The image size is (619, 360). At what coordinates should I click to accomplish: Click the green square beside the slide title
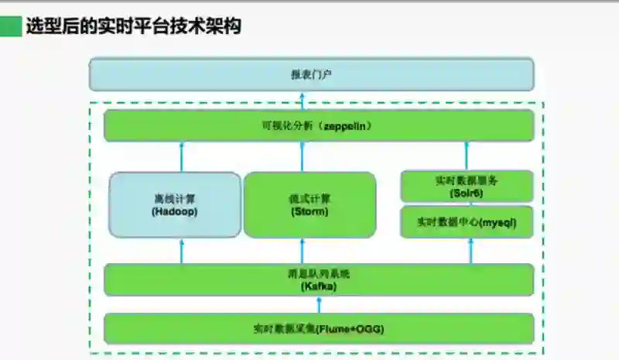pos(11,26)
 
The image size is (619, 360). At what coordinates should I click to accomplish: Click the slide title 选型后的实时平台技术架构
pos(134,26)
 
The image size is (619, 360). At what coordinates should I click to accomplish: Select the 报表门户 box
pos(311,74)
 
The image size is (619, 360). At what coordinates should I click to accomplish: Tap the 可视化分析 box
pos(319,125)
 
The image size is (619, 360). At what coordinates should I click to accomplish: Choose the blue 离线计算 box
pos(175,204)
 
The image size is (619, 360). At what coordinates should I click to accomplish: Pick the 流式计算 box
pos(309,204)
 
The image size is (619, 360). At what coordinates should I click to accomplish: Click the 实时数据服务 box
pos(467,186)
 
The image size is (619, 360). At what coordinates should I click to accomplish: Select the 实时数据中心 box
pos(467,222)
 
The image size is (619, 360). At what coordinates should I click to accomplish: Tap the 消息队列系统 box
pos(319,279)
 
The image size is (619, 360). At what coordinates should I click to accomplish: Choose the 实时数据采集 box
pos(319,328)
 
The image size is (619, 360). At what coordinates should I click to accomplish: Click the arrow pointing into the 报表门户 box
pos(303,100)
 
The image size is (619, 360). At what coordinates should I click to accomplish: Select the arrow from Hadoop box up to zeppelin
pos(182,156)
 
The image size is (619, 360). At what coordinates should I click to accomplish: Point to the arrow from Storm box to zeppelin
pos(303,156)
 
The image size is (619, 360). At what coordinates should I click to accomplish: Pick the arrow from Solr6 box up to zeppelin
pos(467,156)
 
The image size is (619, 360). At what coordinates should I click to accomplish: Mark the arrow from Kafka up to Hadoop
pos(182,250)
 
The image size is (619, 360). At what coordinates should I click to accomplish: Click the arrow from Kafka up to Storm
pos(303,250)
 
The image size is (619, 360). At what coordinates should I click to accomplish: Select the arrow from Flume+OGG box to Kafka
pos(303,304)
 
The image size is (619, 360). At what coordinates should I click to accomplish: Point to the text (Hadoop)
pos(175,211)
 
